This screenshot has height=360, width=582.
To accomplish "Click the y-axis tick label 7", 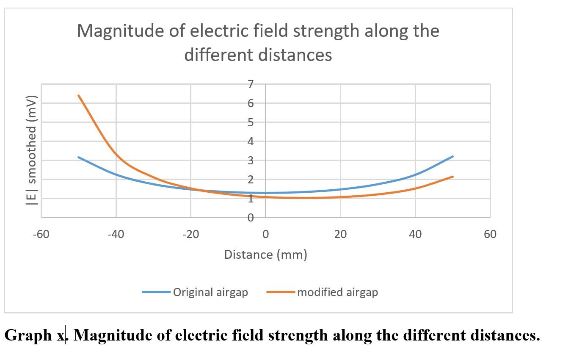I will coord(251,84).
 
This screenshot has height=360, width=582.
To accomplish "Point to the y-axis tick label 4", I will coord(251,141).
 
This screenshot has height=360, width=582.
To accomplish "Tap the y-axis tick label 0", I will coord(251,218).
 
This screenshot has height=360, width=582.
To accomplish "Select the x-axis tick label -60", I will coord(41,234).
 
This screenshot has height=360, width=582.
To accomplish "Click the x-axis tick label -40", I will coord(116,234).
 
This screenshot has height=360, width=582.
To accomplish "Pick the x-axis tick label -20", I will coord(190,234).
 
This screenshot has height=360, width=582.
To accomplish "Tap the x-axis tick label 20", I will coord(340,234).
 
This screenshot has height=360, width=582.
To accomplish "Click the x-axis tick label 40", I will coord(415,234).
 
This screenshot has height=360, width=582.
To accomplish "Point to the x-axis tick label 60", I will coord(490,234).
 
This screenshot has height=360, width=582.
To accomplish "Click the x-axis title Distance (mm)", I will coord(265,255).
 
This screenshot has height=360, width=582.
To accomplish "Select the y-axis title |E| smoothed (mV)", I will coord(32,150).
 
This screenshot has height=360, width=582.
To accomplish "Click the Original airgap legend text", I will coord(210,292).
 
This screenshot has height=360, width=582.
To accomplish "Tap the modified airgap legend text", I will coord(337,292).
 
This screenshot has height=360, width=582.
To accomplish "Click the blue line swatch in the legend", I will coord(156,292).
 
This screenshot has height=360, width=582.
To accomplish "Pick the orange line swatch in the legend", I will coord(281,292).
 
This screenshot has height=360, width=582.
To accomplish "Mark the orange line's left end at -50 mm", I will coord(79,96).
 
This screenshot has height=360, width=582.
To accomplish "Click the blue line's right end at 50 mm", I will coord(453,156).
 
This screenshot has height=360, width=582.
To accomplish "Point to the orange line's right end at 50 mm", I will coord(453,177).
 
